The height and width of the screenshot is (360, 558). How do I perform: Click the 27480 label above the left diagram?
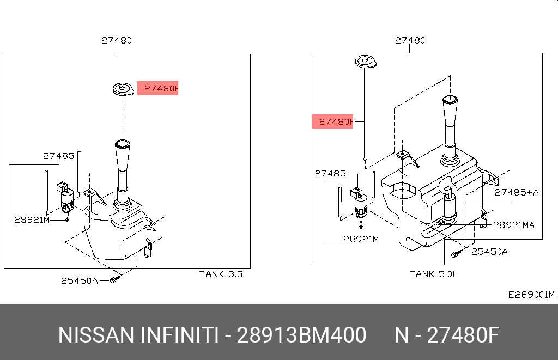[117, 40]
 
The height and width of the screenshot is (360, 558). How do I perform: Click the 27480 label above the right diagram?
[410, 40]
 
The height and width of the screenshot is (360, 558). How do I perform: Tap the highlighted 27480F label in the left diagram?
[157, 88]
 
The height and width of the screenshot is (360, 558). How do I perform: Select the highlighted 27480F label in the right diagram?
[332, 121]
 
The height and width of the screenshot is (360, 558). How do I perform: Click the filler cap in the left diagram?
[123, 89]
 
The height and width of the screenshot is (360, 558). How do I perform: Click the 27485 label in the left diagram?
[59, 156]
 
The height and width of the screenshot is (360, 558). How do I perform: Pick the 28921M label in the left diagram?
[32, 220]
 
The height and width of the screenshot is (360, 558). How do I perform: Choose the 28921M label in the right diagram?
[361, 239]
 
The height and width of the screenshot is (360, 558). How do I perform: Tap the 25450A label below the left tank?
[80, 280]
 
